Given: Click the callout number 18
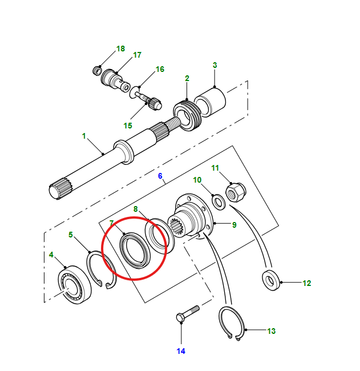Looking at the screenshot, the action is (120, 49).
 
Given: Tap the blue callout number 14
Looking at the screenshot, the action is (181, 351).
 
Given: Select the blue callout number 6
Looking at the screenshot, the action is (160, 176).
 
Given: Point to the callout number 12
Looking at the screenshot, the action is (307, 283).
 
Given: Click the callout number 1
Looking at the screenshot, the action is (84, 136).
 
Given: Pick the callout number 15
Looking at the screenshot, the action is (128, 126).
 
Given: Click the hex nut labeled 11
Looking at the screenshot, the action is (236, 192).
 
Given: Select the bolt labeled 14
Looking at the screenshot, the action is (188, 313).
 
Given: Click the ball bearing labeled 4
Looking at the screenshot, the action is (75, 285).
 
